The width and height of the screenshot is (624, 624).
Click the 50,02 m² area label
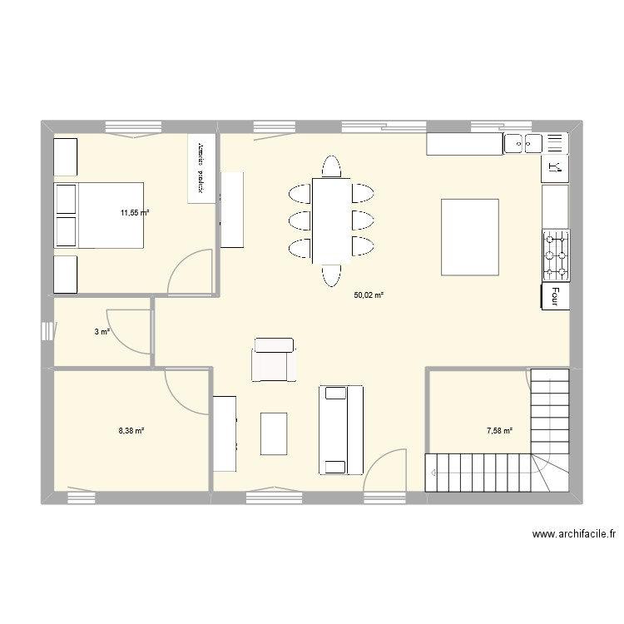(369, 295)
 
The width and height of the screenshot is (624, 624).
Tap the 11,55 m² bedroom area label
(134, 213)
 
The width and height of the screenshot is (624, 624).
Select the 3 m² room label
(102, 332)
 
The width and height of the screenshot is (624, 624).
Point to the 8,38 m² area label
(131, 431)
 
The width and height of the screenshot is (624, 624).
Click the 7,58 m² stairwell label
(499, 431)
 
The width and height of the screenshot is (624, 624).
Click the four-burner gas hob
(556, 255)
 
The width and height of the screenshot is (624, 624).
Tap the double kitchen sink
(523, 143)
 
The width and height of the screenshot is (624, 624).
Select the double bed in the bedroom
(98, 215)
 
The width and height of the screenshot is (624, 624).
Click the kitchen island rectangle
(470, 237)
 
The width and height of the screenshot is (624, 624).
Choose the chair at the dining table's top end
(331, 166)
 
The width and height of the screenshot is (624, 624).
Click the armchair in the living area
(273, 359)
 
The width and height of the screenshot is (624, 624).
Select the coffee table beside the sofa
(274, 433)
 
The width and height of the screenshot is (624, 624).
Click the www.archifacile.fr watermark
(572, 535)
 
